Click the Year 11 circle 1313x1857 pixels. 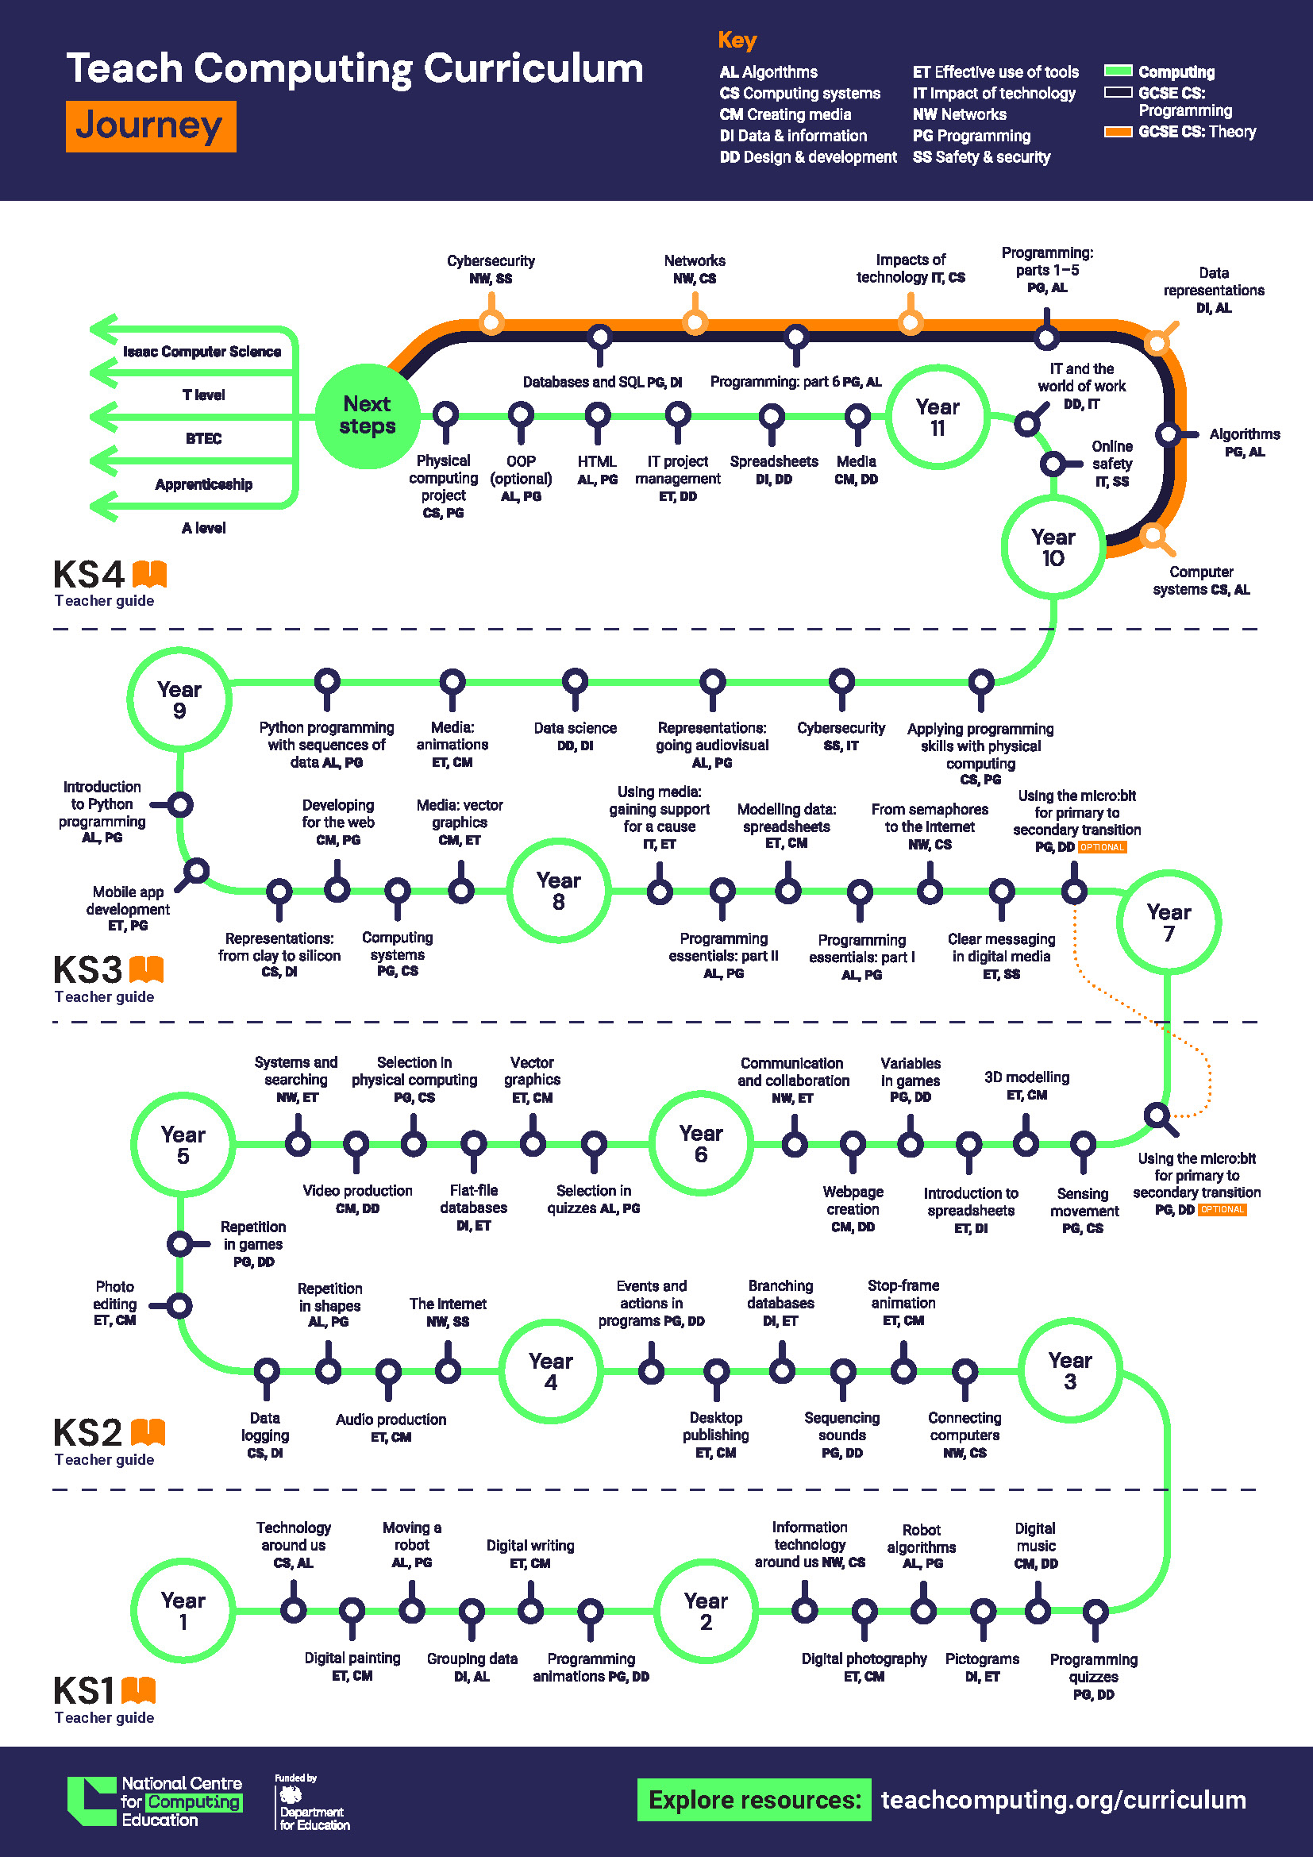click(x=937, y=418)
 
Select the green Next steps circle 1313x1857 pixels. click(x=367, y=416)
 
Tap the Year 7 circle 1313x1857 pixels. click(x=1169, y=922)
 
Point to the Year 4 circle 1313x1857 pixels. click(x=551, y=1371)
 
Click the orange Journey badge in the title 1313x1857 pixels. click(x=150, y=126)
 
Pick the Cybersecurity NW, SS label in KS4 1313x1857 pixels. click(x=491, y=269)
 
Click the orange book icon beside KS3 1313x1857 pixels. click(x=146, y=968)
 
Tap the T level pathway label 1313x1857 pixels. click(x=204, y=395)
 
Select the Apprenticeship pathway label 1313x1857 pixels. click(x=204, y=484)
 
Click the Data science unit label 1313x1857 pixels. click(x=575, y=736)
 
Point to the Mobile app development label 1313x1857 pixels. click(x=128, y=907)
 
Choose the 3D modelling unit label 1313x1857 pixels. click(x=1026, y=1085)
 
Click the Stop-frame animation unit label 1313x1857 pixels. click(x=903, y=1302)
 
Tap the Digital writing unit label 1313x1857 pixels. click(x=530, y=1554)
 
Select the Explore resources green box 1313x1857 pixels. click(x=753, y=1800)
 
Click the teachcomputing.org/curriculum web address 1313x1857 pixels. click(x=1063, y=1800)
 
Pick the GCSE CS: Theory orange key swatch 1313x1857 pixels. click(x=1119, y=132)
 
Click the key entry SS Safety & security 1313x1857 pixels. click(x=981, y=157)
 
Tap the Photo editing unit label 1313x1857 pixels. click(x=115, y=1303)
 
